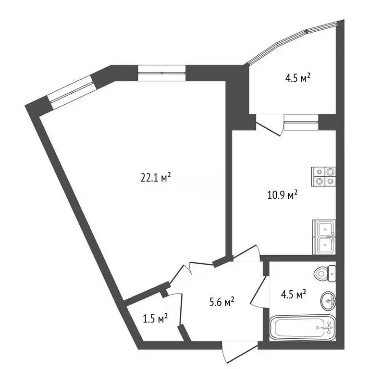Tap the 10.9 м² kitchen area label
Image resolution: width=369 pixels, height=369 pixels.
[x=282, y=195]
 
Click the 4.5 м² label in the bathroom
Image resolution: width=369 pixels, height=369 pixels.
[x=294, y=295]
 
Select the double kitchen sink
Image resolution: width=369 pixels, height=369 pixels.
[x=325, y=237]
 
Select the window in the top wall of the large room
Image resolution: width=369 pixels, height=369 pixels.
[x=161, y=73]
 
